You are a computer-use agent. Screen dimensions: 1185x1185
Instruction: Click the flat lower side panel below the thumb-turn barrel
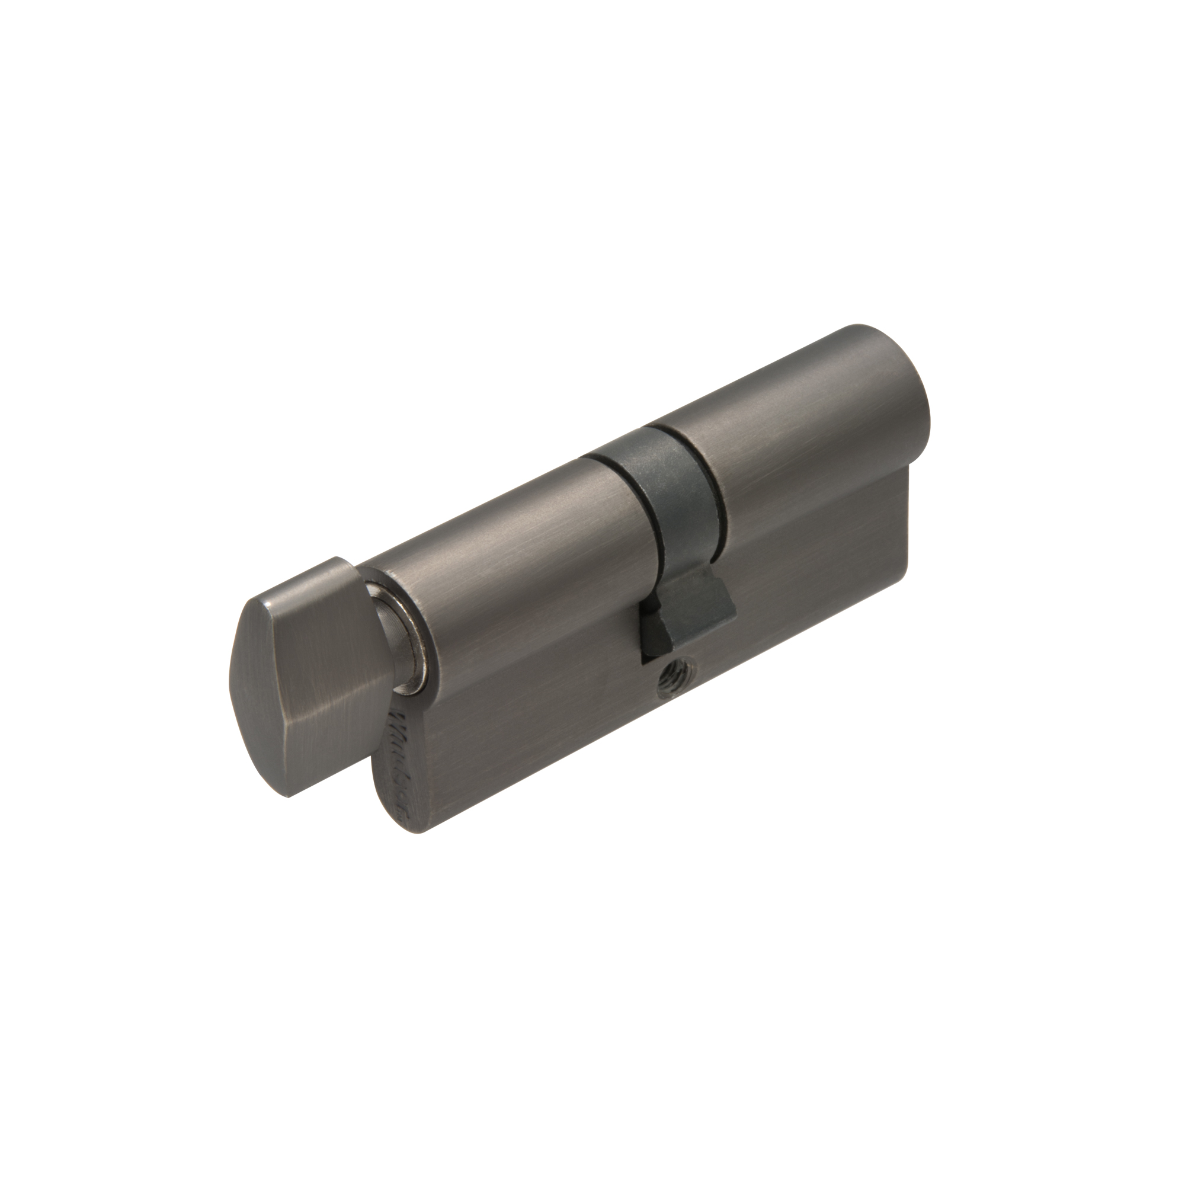click(521, 724)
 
